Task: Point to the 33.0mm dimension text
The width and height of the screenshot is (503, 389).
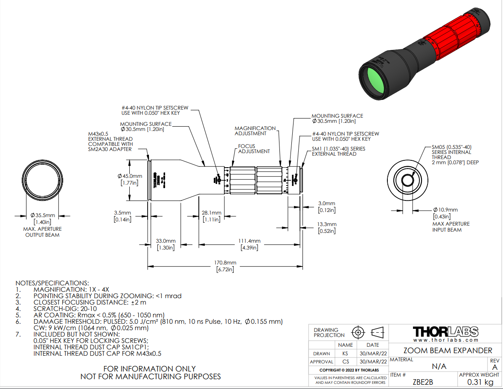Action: pos(165,241)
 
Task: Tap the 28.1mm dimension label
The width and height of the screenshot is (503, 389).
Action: pos(211,213)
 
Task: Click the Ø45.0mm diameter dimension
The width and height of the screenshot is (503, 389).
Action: pos(129,176)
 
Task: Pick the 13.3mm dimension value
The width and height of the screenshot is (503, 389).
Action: pos(326,224)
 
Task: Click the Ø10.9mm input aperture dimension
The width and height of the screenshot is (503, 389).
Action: pos(445,210)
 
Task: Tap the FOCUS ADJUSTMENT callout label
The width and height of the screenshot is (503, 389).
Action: pos(254,148)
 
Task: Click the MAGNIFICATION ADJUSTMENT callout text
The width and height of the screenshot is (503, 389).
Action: pos(255,131)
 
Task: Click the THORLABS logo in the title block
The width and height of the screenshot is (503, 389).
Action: pos(445,331)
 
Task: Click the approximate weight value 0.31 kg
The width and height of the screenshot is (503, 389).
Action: pos(480,382)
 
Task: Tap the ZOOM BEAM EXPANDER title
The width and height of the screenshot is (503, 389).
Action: pos(448,350)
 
